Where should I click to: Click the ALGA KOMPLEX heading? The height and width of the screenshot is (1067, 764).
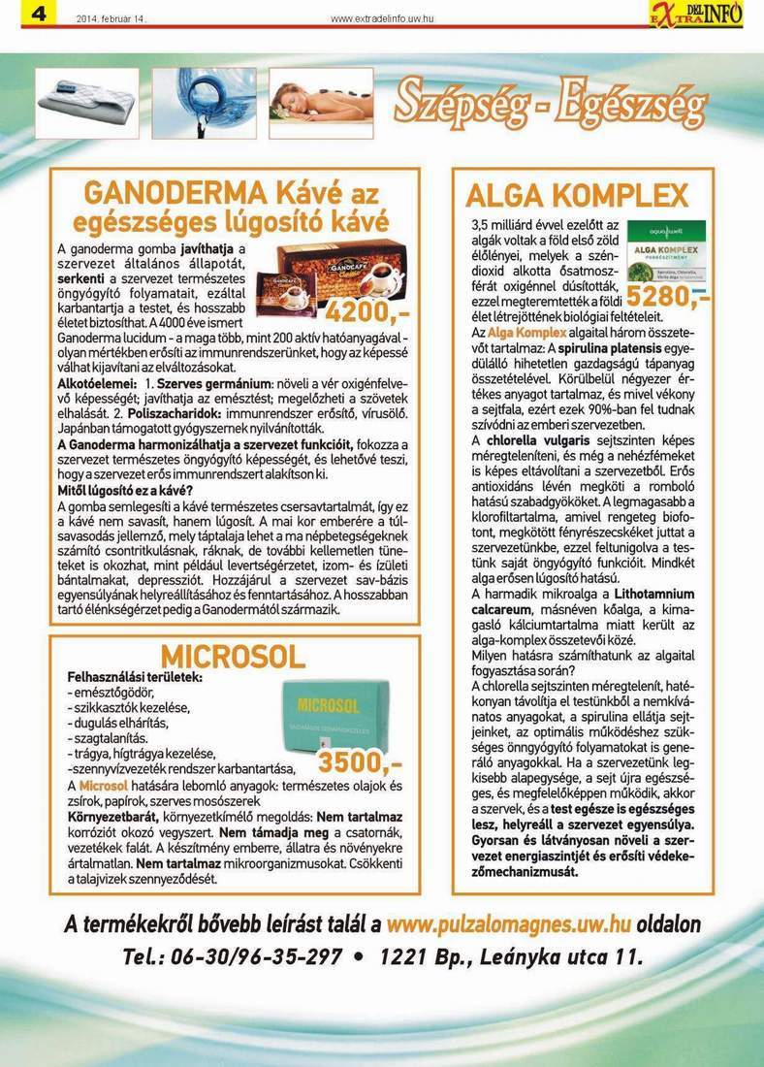coord(577,195)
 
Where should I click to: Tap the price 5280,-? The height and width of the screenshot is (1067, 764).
coord(668,296)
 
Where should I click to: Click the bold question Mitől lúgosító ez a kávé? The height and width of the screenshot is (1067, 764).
coord(125,491)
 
